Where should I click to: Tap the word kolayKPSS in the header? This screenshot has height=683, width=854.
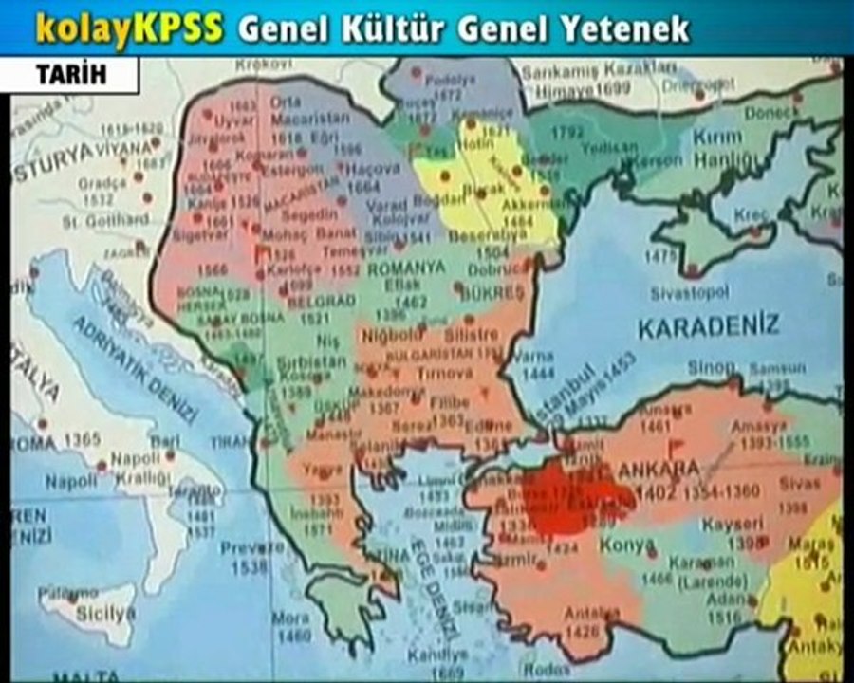130,29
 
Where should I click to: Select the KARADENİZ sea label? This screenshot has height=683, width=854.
708,328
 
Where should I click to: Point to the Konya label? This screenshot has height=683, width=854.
626,545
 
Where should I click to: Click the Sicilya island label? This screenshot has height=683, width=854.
105,614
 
